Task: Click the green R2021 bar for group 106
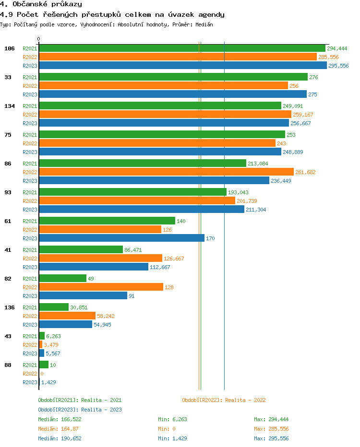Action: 182,48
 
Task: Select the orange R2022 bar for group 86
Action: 166,172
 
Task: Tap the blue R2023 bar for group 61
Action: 121,238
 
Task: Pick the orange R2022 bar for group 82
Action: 101,287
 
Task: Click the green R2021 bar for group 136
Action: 54,307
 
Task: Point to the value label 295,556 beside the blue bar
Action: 338,66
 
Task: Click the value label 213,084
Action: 258,164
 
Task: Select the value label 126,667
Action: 174,259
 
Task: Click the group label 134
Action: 10,106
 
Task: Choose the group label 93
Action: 8,192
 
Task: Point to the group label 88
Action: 8,365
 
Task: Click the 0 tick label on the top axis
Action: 39,39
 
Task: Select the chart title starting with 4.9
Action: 112,14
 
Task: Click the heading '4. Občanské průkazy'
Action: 41,4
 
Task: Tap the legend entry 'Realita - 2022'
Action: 224,400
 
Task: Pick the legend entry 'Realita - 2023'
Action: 80,410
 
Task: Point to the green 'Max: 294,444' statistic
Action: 271,419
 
